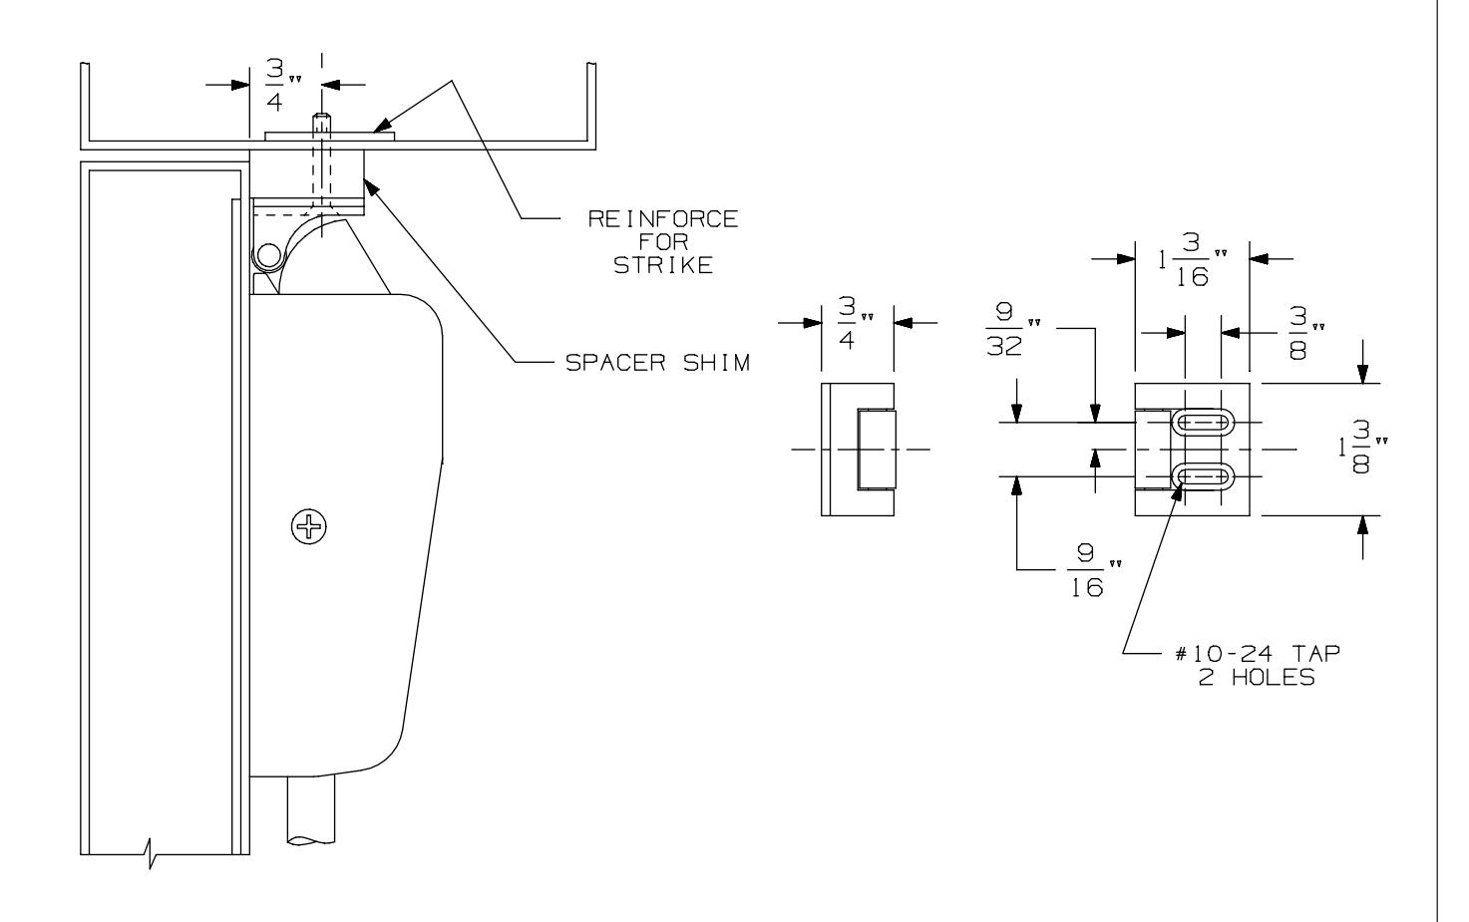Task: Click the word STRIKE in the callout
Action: [663, 265]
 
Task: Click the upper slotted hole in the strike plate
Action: [1205, 424]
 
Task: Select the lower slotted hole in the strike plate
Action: [1205, 477]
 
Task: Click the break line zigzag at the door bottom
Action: [152, 854]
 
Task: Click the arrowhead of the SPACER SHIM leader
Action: [367, 180]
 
